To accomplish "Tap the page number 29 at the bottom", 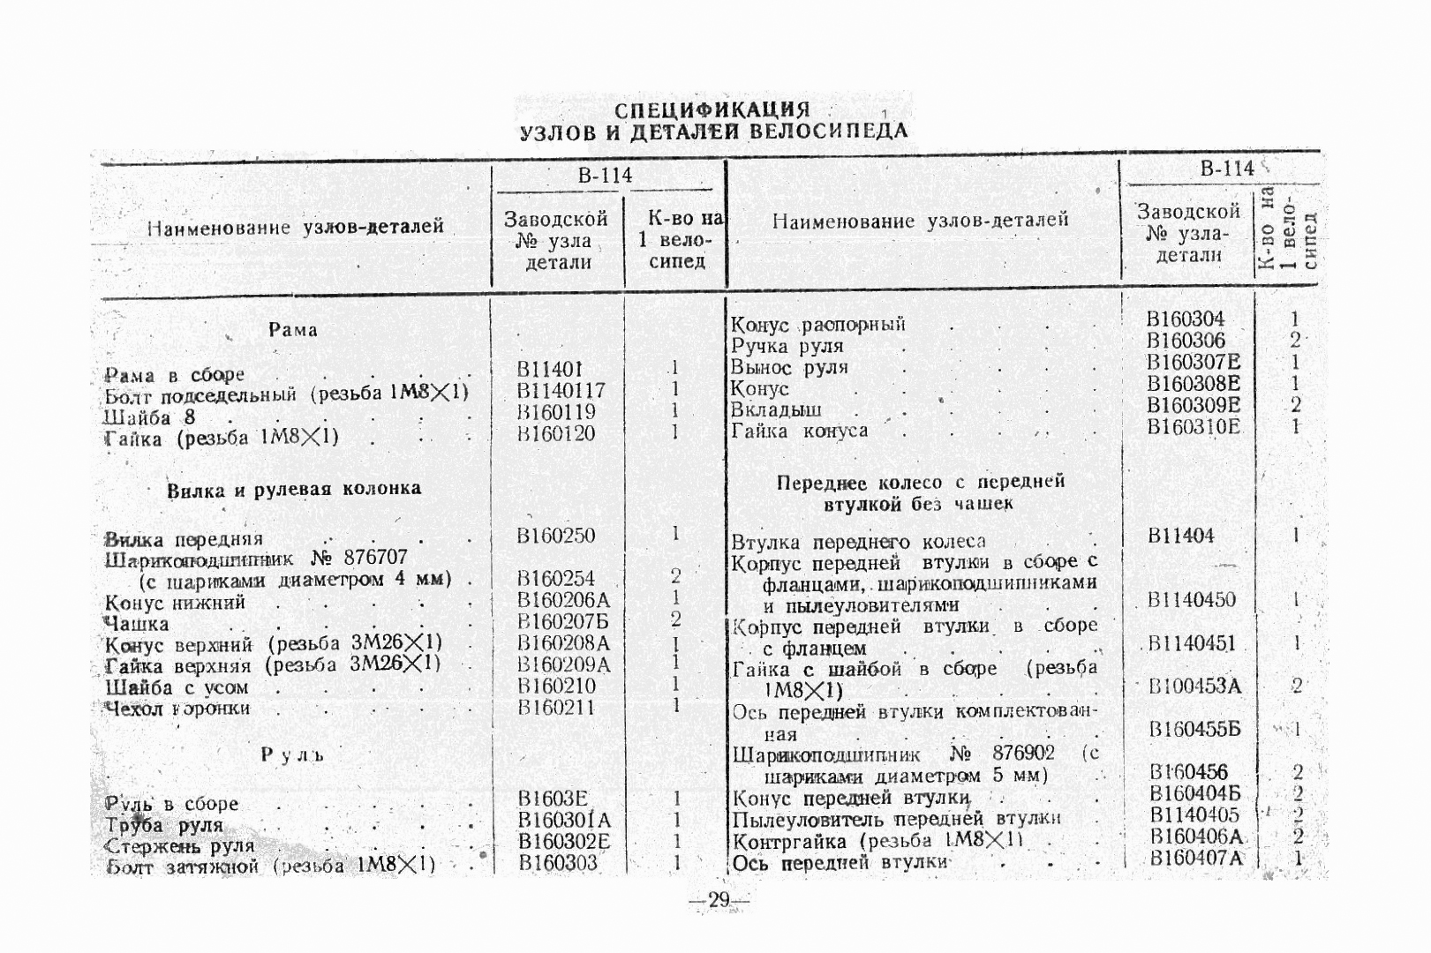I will pos(718,900).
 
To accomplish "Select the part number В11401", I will pos(549,369).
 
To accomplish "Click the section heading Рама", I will pos(292,330).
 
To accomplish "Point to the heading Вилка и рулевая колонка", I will pos(294,489).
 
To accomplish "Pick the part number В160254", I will pos(556,579).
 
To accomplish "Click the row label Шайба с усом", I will pos(177,687).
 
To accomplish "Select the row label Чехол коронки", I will pos(177,709).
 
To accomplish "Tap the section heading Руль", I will pos(292,754).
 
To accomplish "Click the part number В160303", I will pos(557,863).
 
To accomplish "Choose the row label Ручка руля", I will pos(787,346).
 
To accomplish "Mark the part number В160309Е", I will pos(1194,405).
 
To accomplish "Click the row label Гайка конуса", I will pos(799,431).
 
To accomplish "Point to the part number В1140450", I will pos(1192,600).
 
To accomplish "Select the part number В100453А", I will pos(1195,686).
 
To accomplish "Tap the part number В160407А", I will pos(1196,857).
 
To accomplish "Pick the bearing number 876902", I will pos(1023,754).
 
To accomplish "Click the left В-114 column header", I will pos(605,175).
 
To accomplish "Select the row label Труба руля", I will pos(164,826).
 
